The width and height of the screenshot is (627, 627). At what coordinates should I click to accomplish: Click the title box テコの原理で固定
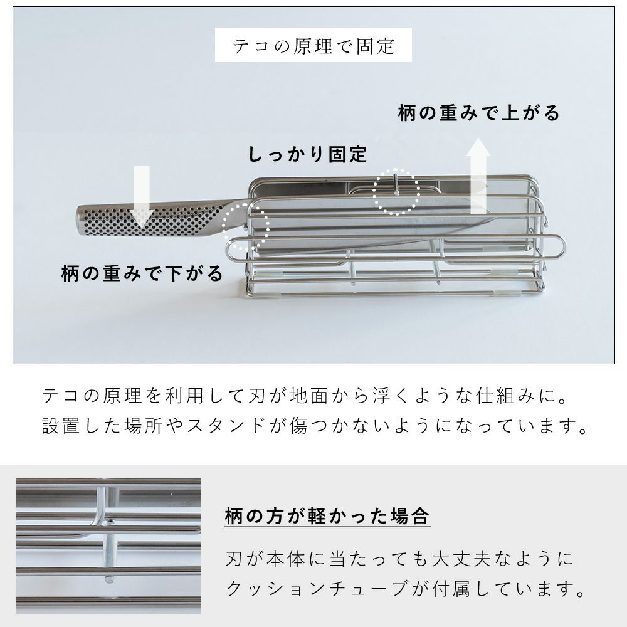click(313, 45)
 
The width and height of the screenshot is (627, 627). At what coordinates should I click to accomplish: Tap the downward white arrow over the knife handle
click(141, 195)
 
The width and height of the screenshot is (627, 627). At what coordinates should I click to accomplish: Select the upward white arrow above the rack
click(478, 176)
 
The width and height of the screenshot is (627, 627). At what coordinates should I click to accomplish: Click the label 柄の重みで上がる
click(478, 113)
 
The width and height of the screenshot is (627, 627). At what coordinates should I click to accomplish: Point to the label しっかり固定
click(307, 154)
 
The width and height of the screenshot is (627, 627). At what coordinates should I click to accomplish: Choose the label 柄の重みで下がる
click(142, 273)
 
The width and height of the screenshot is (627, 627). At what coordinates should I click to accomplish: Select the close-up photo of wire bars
click(108, 546)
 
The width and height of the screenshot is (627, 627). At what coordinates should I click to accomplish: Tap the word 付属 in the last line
click(452, 589)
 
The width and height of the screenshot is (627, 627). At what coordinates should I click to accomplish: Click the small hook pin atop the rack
click(395, 183)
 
